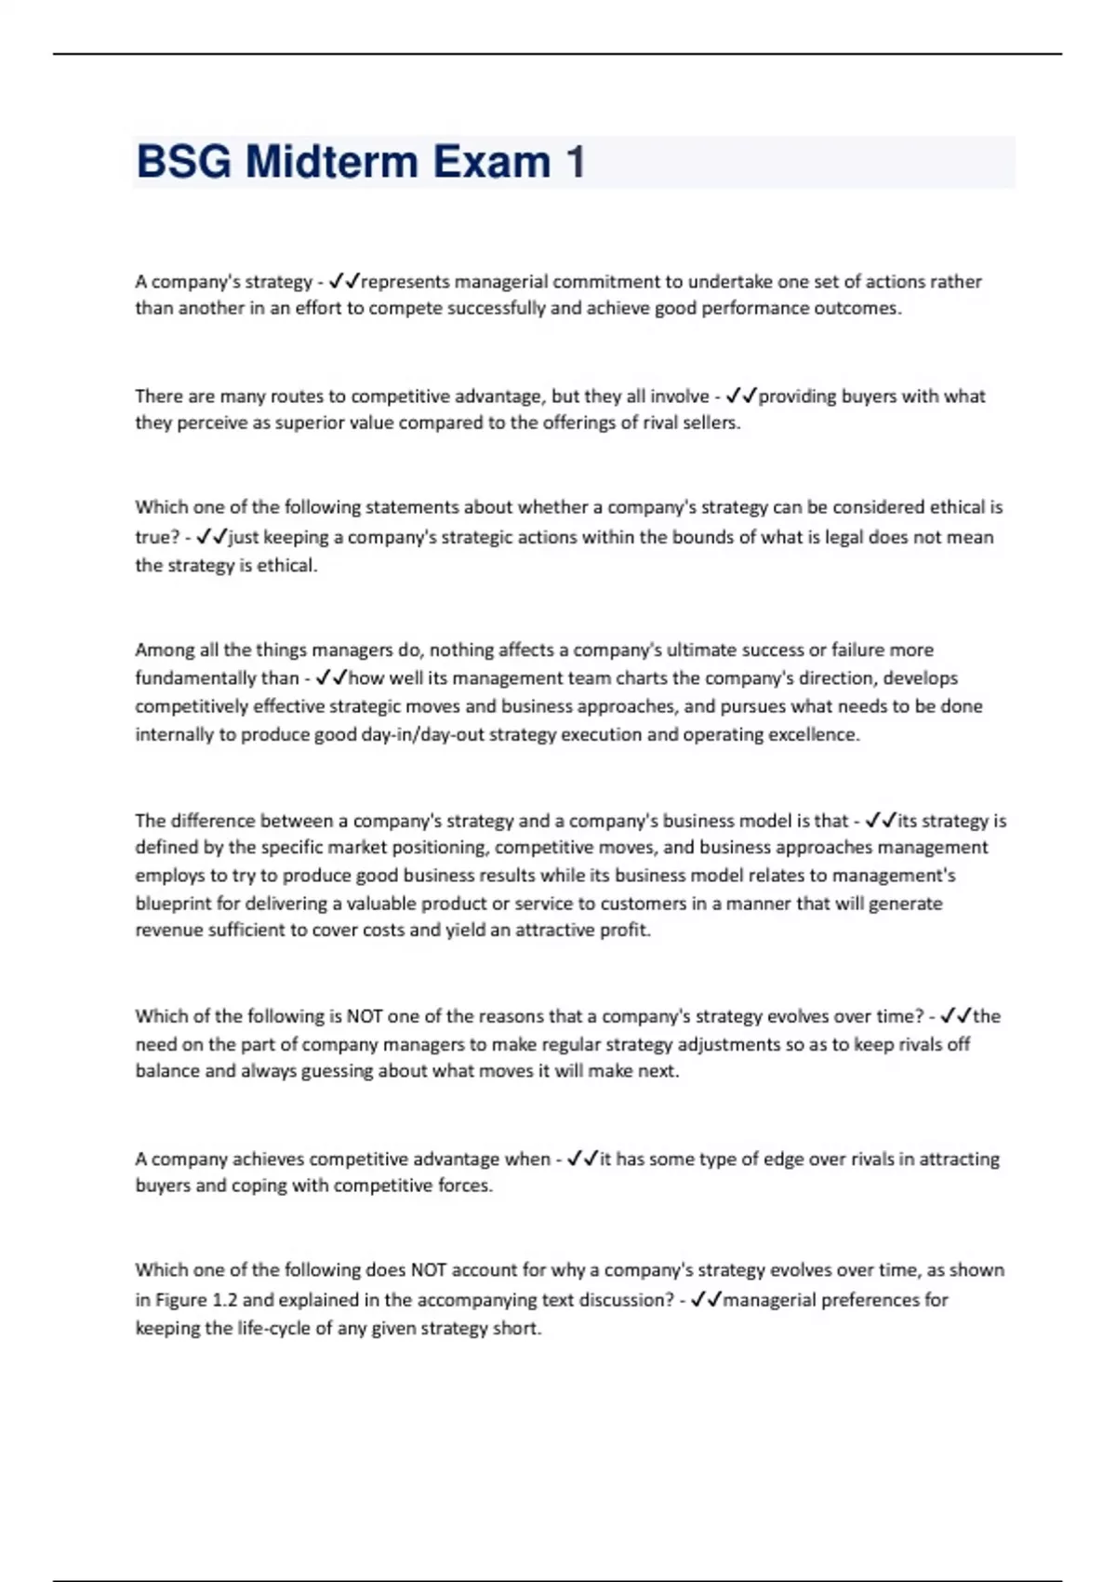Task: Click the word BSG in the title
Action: tap(183, 162)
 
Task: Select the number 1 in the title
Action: tap(575, 162)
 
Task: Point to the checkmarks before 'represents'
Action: tap(344, 281)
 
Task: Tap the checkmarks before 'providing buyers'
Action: tap(741, 396)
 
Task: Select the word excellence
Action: tap(813, 734)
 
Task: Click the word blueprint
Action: tap(173, 904)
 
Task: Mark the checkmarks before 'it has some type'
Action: tap(582, 1160)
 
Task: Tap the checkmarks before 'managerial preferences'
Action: tap(706, 1300)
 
